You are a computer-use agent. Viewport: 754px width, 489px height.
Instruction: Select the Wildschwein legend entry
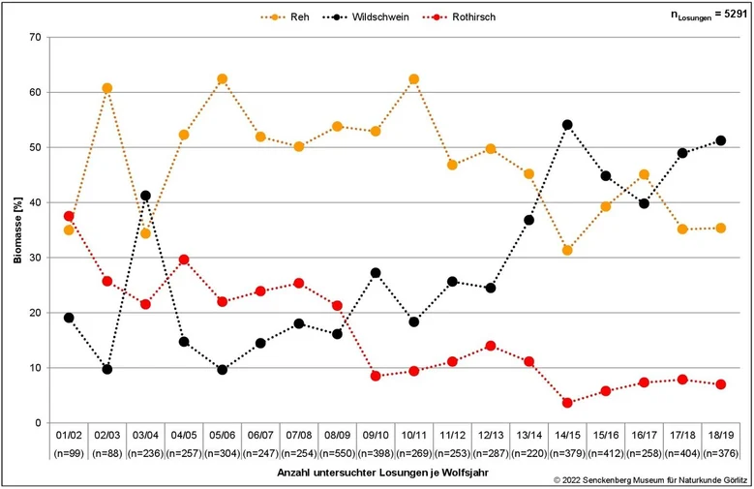[367, 16]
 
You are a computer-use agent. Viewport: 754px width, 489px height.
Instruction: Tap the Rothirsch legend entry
[459, 16]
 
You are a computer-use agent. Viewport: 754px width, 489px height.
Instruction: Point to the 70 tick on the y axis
[35, 37]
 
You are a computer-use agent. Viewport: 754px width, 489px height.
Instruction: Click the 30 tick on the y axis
[35, 258]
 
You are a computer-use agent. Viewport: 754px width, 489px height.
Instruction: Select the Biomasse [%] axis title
[17, 229]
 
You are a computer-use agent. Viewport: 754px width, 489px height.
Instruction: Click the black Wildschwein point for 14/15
[567, 125]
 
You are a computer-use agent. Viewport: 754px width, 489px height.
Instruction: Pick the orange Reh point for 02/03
[107, 88]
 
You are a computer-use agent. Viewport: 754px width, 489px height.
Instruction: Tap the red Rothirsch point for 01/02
[69, 216]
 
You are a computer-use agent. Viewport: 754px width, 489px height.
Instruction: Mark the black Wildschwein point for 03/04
[145, 196]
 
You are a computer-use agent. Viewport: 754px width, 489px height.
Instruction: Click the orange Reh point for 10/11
[414, 79]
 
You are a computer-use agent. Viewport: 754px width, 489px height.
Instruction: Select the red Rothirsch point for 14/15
[567, 403]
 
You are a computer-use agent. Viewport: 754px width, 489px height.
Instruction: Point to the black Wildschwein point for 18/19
[721, 140]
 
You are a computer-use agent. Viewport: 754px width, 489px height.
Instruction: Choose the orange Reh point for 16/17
[645, 174]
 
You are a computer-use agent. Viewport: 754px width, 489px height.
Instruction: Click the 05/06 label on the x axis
[223, 435]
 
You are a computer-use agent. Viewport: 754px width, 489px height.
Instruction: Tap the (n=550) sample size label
[337, 453]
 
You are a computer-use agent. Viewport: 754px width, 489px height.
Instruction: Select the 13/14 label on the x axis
[528, 435]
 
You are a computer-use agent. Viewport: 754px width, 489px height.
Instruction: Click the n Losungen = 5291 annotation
[709, 15]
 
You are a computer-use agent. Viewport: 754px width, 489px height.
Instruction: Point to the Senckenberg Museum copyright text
[650, 480]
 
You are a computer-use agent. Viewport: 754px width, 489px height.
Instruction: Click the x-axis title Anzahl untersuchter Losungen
[382, 473]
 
